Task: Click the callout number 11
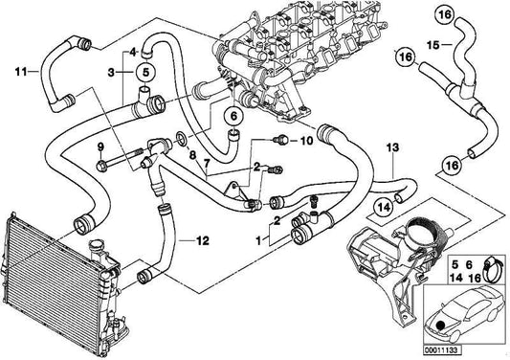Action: pos(19,70)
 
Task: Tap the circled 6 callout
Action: pos(231,118)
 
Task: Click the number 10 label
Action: pos(306,141)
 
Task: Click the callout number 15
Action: pos(432,45)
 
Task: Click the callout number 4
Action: pos(133,51)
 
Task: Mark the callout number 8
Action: pos(192,153)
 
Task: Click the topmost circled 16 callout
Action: pos(443,15)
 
